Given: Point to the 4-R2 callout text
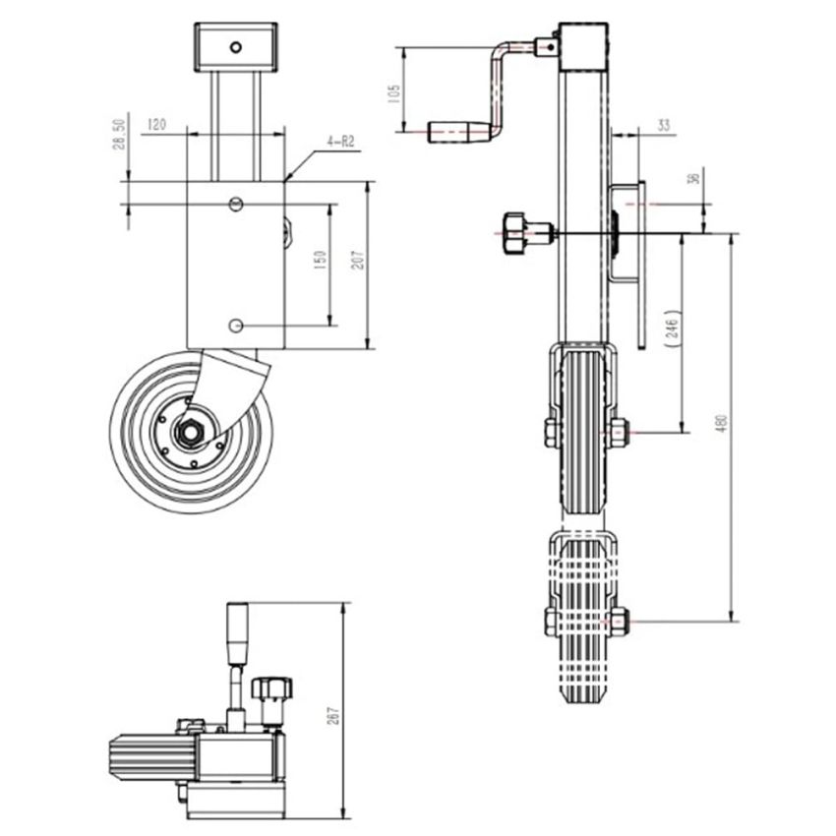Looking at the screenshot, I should (339, 144).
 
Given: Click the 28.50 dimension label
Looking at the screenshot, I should (119, 135).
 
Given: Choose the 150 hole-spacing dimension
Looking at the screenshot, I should (319, 262).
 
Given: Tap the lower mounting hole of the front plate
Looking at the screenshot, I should (234, 326).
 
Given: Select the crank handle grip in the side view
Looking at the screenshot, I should (457, 129).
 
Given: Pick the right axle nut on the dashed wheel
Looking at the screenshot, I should (619, 622).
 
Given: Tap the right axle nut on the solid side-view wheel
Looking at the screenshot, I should (619, 431).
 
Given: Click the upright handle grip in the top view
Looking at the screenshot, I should (237, 628).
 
